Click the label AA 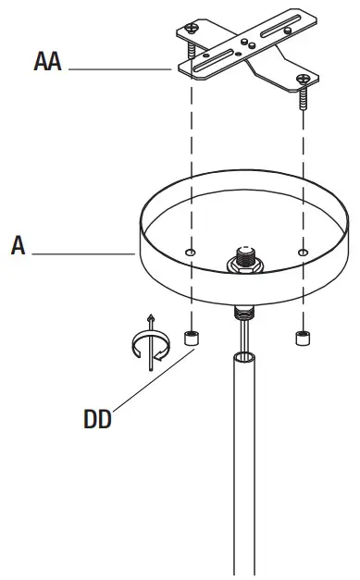(x=48, y=64)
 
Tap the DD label (x=97, y=420)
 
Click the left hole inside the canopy (x=190, y=252)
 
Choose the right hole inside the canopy (x=304, y=252)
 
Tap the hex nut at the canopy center (x=247, y=263)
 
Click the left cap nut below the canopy (x=191, y=339)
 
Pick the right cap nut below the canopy (x=303, y=339)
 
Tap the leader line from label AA (x=120, y=69)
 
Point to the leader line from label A (x=83, y=253)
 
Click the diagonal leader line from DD (x=148, y=379)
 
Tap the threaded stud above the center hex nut (x=247, y=249)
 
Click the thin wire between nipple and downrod (x=245, y=333)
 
